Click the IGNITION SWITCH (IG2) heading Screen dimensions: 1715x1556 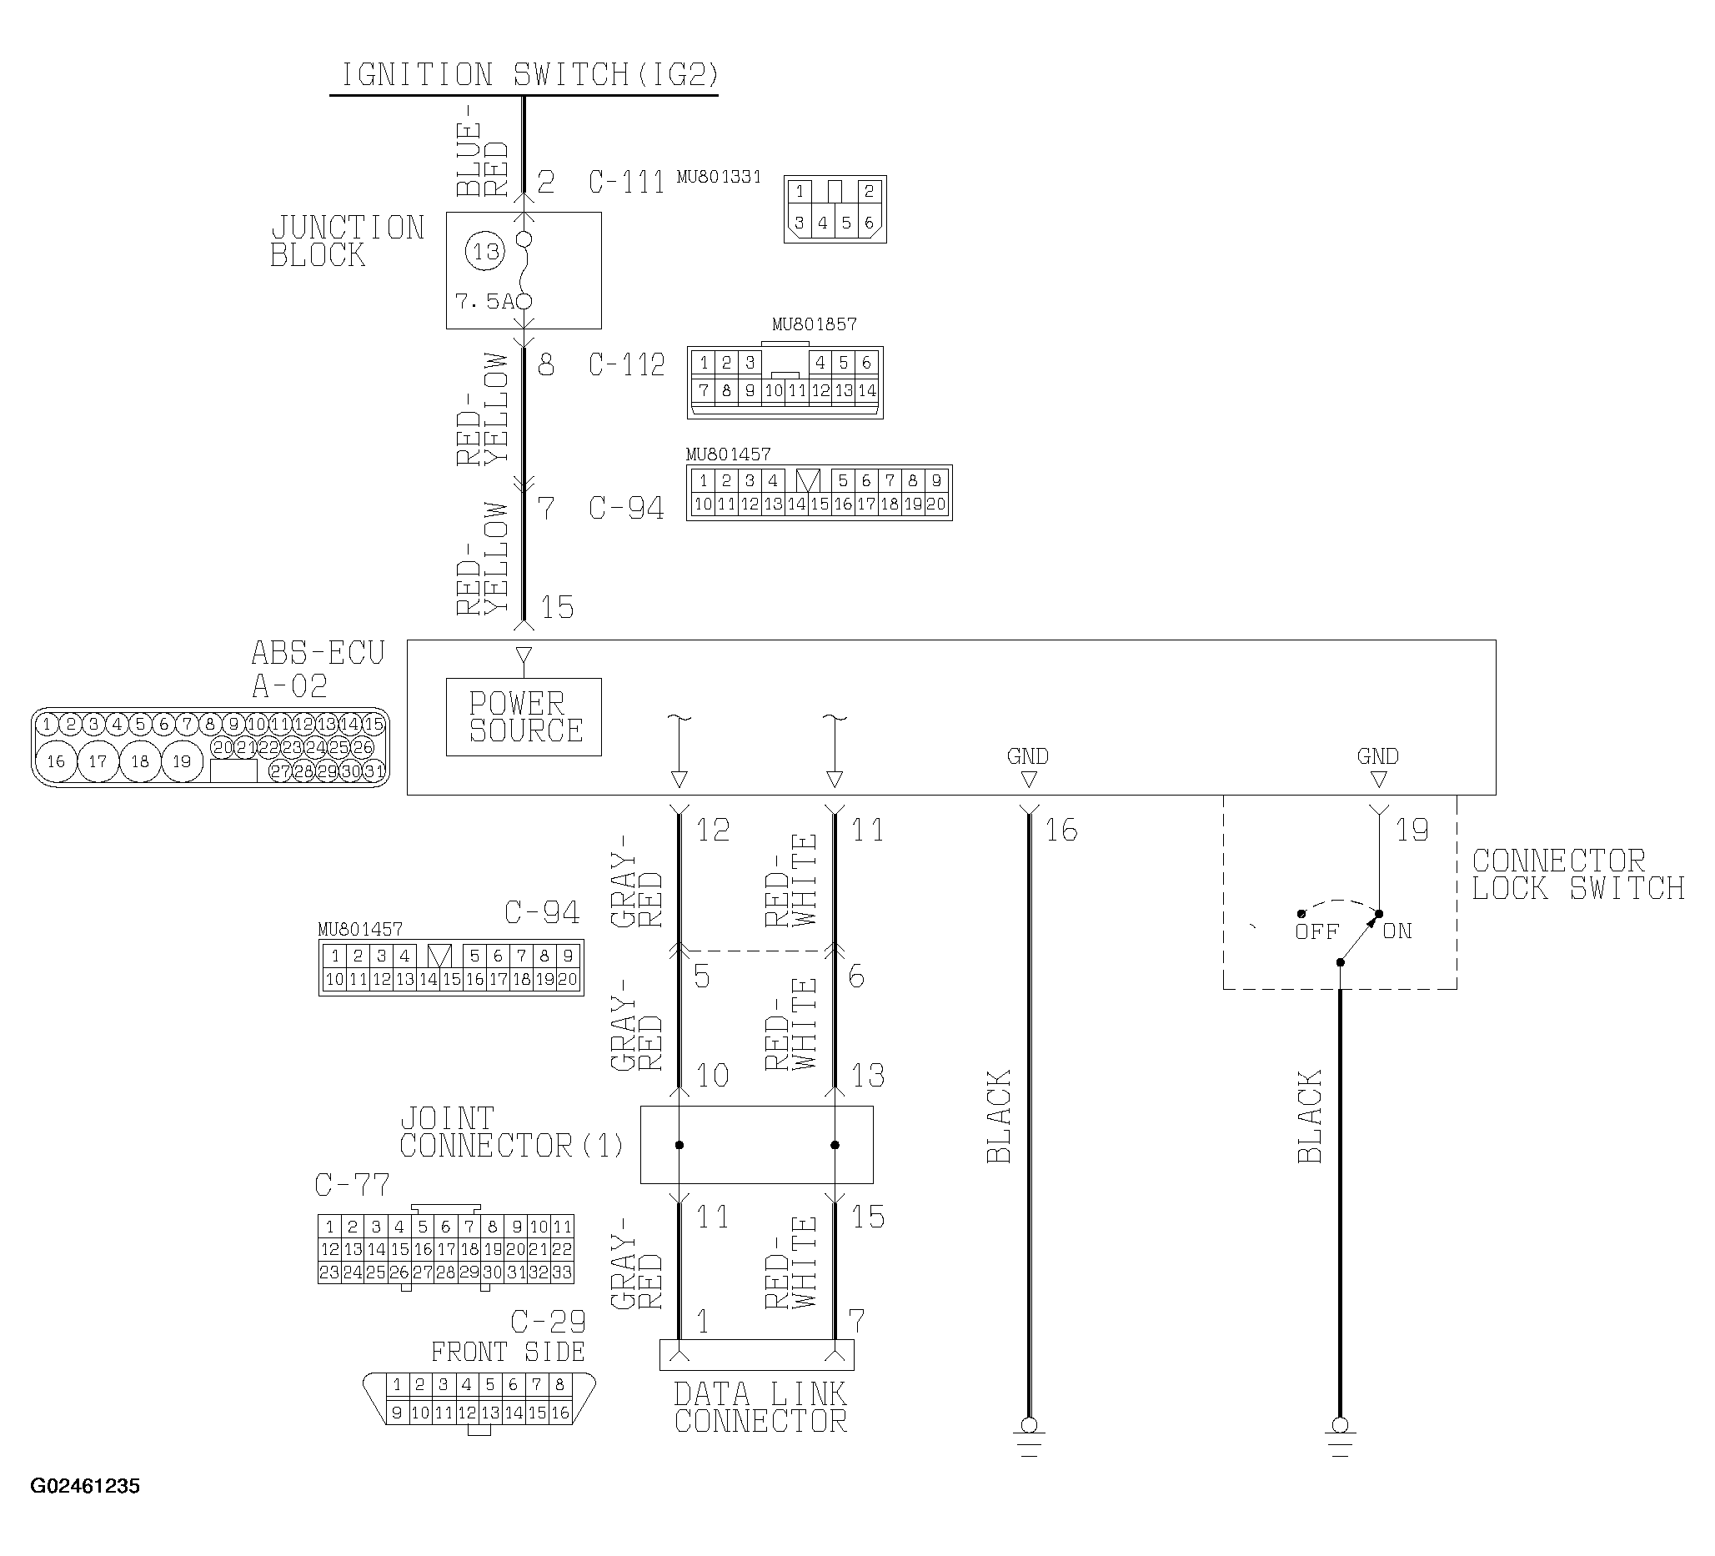[529, 75]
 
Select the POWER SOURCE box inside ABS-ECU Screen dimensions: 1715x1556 [524, 716]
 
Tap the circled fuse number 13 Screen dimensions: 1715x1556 [485, 252]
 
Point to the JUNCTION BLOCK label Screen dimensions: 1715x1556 [347, 242]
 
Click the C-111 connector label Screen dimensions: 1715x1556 [626, 182]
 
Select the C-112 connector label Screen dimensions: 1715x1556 [626, 365]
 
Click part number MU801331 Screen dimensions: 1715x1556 [719, 177]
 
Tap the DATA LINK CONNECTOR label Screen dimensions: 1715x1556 [760, 1408]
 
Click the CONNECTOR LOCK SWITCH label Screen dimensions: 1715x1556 [1578, 875]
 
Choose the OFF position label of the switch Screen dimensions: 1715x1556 [1316, 931]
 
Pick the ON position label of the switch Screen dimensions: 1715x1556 [1397, 931]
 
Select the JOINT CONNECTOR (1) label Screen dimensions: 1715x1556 [511, 1132]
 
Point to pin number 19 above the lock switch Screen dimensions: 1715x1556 [1412, 830]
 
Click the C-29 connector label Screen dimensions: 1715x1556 [548, 1321]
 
